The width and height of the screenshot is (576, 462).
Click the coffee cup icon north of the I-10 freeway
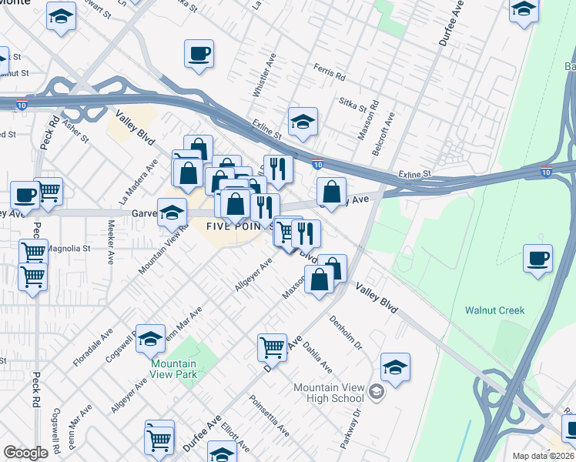pos(199,54)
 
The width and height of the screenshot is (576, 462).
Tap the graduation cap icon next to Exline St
pos(303,121)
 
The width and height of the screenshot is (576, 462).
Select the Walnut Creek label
pos(494,310)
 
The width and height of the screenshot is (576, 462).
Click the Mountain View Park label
pos(173,369)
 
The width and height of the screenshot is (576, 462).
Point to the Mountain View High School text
pos(328,393)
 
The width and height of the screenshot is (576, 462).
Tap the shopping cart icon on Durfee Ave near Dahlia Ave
pos(273,347)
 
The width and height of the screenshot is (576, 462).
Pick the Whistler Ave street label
pos(260,75)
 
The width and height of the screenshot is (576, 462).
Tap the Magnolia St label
pos(69,249)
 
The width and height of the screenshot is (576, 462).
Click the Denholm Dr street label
pos(346,331)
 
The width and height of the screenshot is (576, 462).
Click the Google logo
pos(25,453)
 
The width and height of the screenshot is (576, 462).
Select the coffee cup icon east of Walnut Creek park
pos(537,258)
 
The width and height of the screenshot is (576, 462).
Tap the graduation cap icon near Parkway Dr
pos(395,367)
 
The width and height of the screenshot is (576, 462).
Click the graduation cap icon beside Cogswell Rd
pos(150,339)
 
